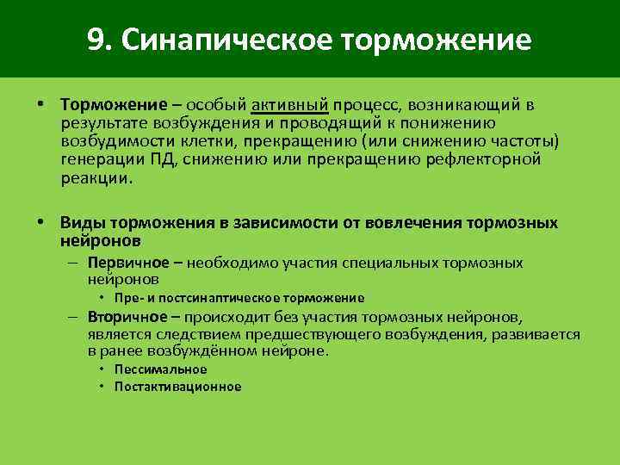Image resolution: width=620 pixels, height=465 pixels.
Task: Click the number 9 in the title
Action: click(x=96, y=40)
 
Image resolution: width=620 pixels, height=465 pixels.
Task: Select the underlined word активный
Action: click(x=290, y=105)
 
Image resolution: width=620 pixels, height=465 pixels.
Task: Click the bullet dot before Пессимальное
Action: click(x=102, y=369)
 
